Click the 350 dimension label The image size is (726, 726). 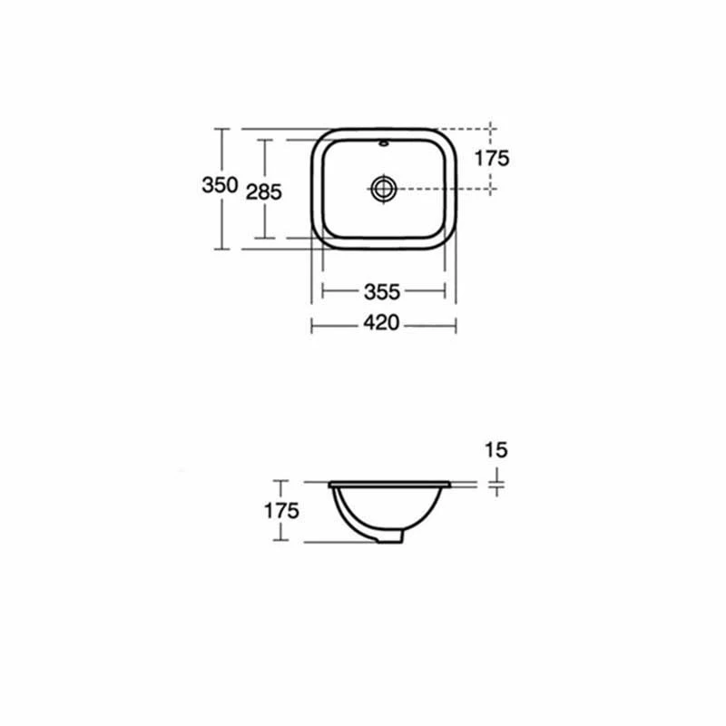click(x=220, y=185)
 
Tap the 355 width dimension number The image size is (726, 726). click(x=382, y=291)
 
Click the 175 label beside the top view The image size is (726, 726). click(x=492, y=158)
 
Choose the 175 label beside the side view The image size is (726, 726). click(x=281, y=511)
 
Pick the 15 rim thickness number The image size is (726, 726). click(x=496, y=449)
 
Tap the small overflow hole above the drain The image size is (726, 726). click(x=384, y=143)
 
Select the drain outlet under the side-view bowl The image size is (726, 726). click(x=391, y=538)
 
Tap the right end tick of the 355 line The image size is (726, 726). click(x=445, y=291)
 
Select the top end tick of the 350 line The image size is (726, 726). click(x=220, y=129)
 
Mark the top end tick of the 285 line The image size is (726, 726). click(x=264, y=140)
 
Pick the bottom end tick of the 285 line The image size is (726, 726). click(x=264, y=239)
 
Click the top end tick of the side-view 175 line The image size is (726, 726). click(x=281, y=481)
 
